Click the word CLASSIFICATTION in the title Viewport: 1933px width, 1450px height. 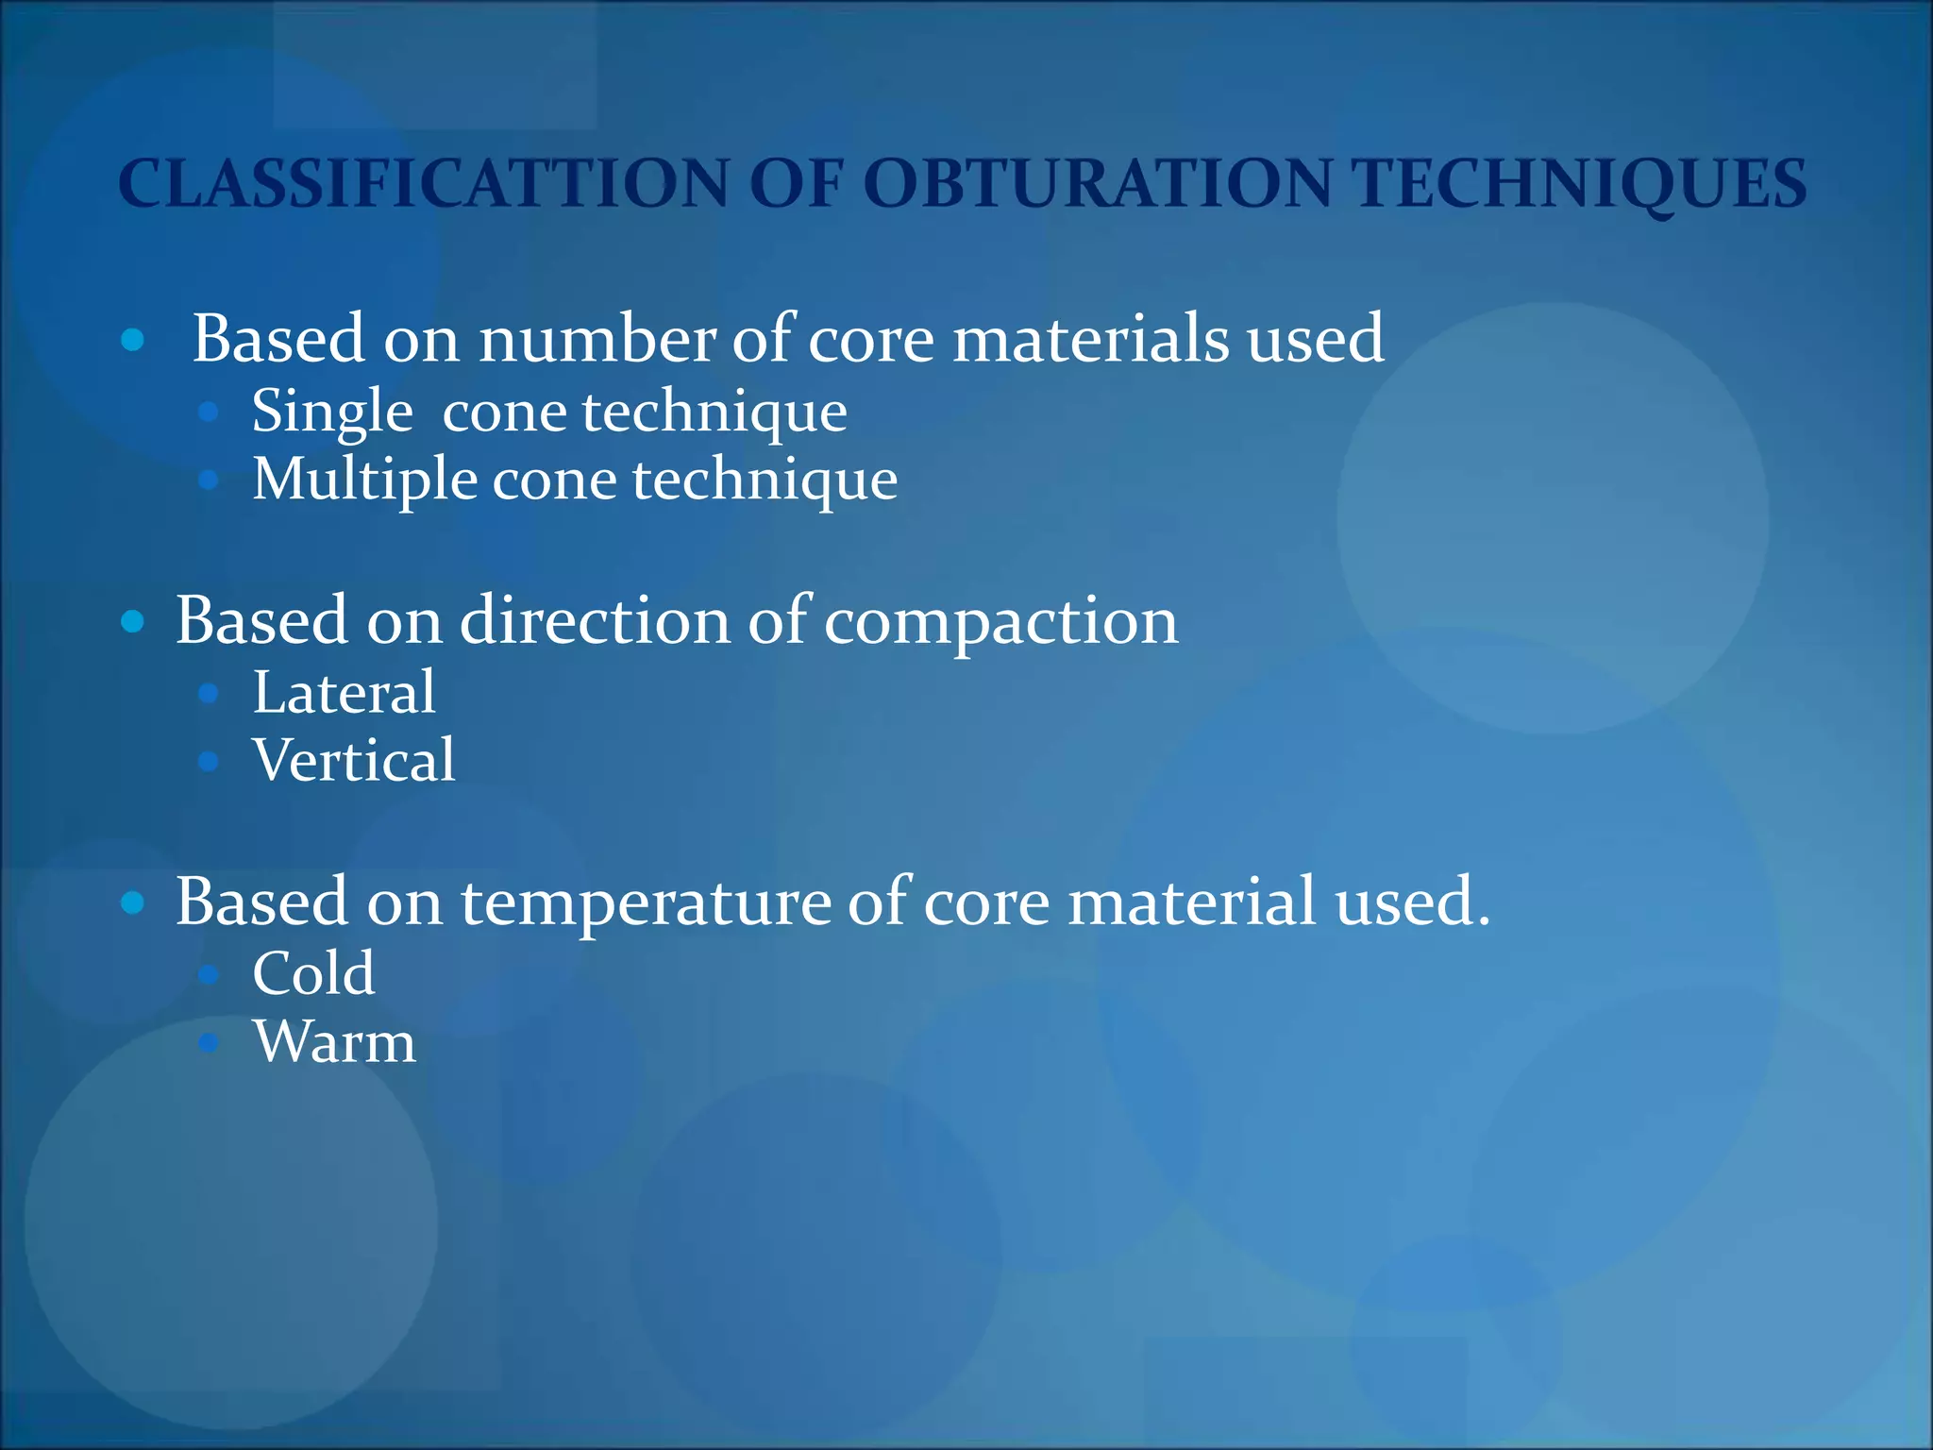423,183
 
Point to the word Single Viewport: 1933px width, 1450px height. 332,413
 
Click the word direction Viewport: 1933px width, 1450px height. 595,621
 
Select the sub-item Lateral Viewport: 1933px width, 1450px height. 345,692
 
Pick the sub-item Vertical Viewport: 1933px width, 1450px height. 354,760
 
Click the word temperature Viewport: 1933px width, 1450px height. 646,902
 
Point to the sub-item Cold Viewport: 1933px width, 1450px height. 313,973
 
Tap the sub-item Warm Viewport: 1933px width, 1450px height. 334,1042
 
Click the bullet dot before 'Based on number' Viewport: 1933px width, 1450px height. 133,340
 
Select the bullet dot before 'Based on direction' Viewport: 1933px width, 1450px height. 133,621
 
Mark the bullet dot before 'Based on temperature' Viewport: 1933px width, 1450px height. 133,902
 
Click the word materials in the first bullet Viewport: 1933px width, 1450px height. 1091,339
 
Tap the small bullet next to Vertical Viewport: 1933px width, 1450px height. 209,761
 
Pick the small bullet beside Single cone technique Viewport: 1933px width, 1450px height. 209,412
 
